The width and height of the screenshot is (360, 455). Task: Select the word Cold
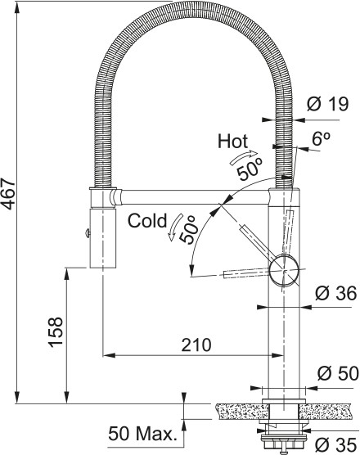tap(145, 220)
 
